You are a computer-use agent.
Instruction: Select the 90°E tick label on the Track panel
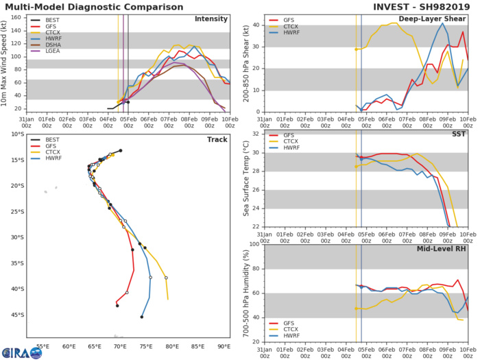pos(224,347)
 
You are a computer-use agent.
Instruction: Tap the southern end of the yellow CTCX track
pos(167,299)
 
